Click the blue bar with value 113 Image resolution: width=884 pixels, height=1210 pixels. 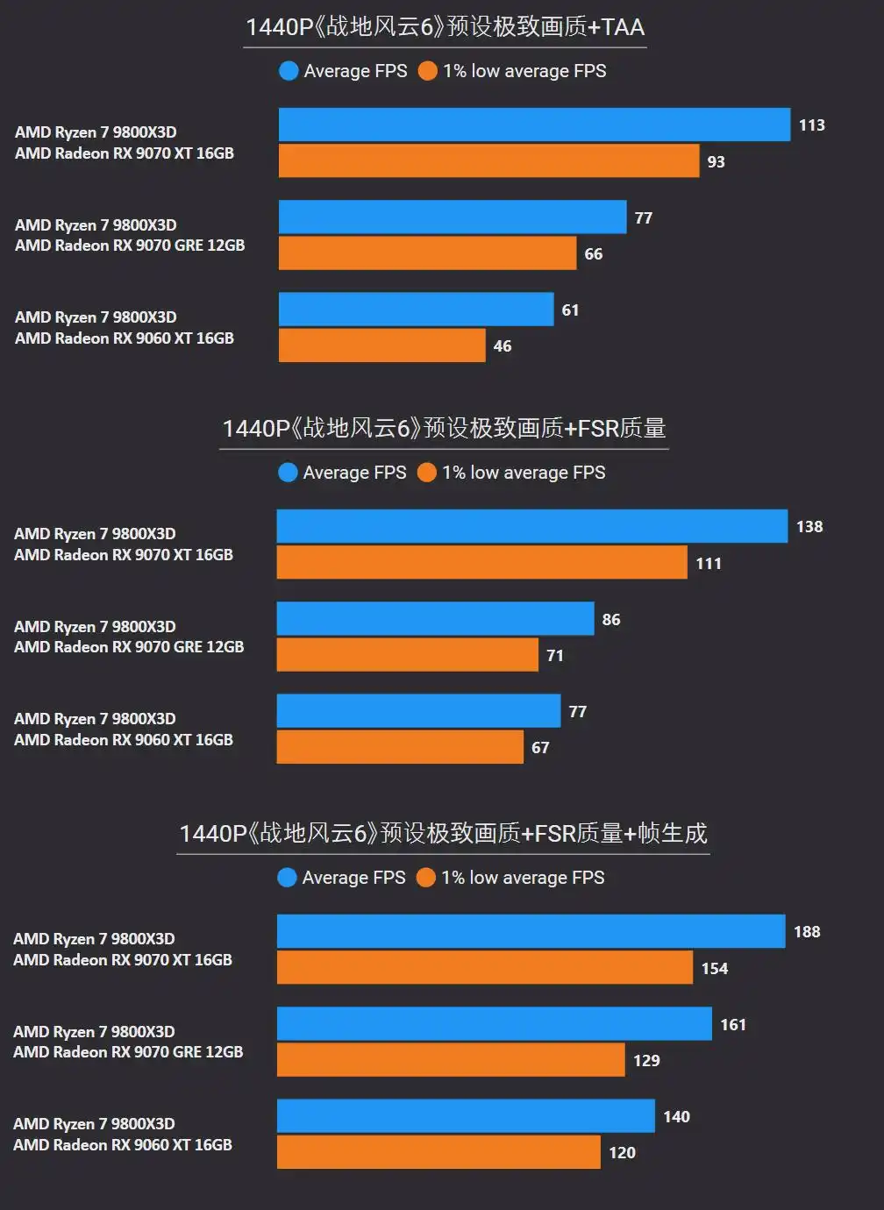[534, 125]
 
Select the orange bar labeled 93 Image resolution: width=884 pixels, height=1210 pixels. [488, 161]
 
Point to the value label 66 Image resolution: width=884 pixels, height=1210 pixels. [594, 254]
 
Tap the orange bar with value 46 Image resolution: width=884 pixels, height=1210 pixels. [381, 345]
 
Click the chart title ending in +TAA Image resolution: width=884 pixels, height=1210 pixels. [445, 27]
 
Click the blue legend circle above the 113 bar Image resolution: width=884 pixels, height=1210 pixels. [289, 71]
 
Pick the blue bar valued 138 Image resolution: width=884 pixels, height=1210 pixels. [531, 526]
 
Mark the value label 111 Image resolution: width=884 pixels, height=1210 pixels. [709, 564]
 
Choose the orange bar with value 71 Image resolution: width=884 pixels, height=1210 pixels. [407, 655]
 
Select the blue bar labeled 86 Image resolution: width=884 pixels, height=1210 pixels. [435, 619]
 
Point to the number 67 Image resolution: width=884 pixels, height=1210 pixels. [540, 748]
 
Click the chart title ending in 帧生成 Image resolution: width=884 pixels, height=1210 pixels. [443, 833]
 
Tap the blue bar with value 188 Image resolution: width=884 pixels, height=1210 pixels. [531, 931]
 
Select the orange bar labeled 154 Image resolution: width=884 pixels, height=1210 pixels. [484, 968]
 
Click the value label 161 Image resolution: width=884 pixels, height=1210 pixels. [733, 1025]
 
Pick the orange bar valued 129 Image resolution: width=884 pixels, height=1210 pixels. [451, 1060]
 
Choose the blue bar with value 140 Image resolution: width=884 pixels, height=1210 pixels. [466, 1116]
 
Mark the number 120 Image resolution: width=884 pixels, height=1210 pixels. [623, 1153]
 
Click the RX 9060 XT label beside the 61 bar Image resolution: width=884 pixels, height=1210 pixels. [125, 338]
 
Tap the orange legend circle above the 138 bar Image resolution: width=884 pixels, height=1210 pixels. [427, 473]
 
